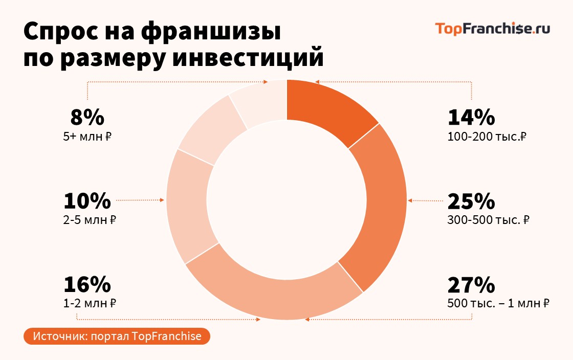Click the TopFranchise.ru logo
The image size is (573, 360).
(x=492, y=29)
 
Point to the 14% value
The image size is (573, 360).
(x=471, y=118)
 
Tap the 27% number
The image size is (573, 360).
(x=471, y=284)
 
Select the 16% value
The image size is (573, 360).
(x=87, y=284)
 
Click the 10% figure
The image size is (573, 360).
(x=87, y=201)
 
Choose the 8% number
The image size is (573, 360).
(x=87, y=118)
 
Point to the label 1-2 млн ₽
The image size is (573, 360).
(x=90, y=304)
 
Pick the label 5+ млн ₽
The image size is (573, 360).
(x=87, y=137)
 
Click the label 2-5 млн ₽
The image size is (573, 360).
(x=90, y=220)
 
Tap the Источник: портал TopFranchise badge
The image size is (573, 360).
(x=117, y=336)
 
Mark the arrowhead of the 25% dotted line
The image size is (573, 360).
(x=410, y=200)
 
